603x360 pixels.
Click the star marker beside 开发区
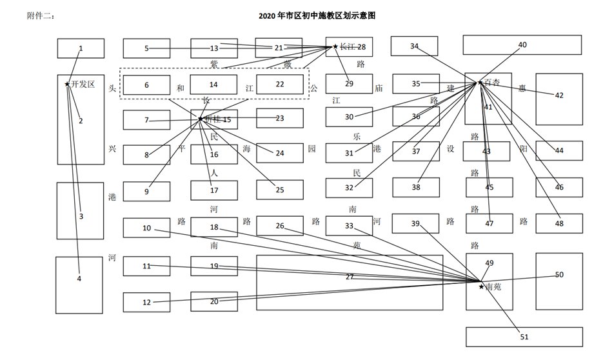[x=67, y=84]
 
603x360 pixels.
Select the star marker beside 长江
[x=335, y=46]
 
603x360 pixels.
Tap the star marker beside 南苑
[x=480, y=286]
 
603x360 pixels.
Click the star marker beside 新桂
[x=200, y=119]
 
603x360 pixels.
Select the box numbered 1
[x=81, y=48]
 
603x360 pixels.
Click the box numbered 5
[x=146, y=48]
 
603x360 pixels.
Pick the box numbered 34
[x=415, y=46]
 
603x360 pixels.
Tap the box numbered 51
[x=524, y=336]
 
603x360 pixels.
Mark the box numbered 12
[x=146, y=302]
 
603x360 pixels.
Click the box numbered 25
[x=279, y=190]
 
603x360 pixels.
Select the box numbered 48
[x=559, y=223]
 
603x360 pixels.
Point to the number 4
[x=79, y=279]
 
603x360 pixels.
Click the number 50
[x=559, y=274]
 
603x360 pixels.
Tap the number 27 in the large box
[x=350, y=277]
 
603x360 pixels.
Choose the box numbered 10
[x=146, y=228]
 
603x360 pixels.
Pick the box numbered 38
[x=416, y=187]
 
